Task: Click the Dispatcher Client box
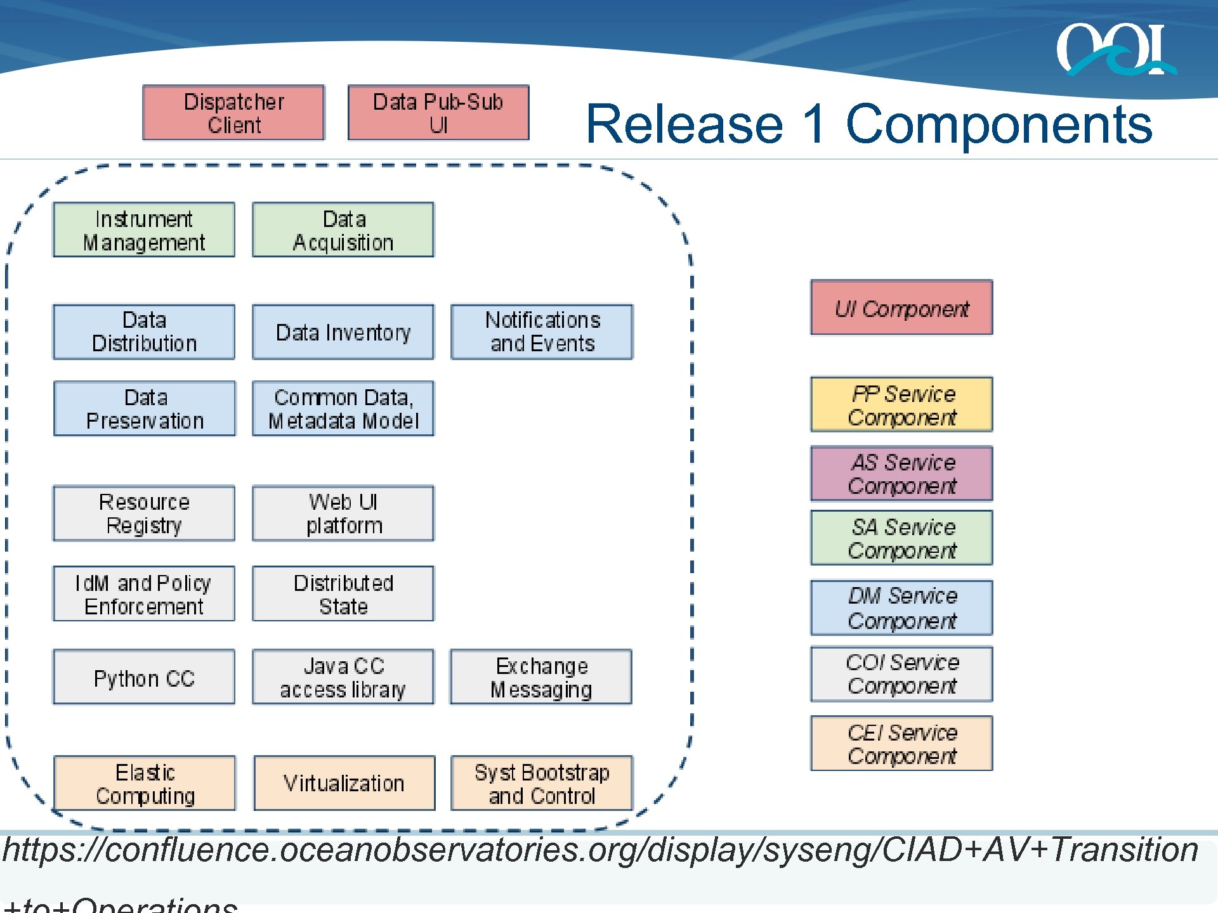click(233, 113)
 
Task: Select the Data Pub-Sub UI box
click(438, 113)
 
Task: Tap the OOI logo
click(1115, 49)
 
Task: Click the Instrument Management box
click(144, 230)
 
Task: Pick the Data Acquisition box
click(343, 230)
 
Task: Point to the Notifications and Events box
click(542, 332)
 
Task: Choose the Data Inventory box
click(343, 332)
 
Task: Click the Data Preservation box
click(145, 408)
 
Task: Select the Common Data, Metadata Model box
click(343, 408)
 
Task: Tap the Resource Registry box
click(144, 513)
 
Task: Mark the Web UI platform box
click(343, 513)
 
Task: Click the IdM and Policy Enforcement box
click(144, 593)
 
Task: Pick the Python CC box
click(144, 677)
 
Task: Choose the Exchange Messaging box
click(541, 677)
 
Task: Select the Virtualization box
click(344, 783)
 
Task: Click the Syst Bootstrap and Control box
click(542, 783)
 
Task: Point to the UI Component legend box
click(901, 308)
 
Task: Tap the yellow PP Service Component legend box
click(901, 405)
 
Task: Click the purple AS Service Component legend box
click(901, 474)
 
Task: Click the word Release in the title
click(684, 124)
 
